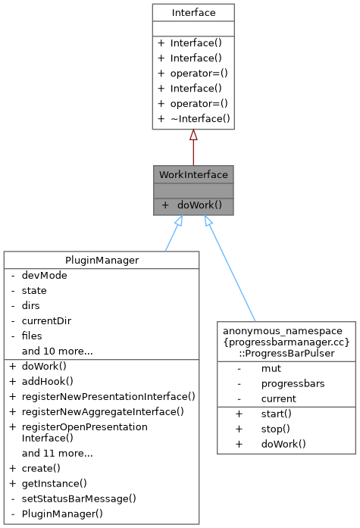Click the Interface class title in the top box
193,12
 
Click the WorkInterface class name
193,174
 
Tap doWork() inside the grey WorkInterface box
199,205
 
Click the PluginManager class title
102,261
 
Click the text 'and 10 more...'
57,351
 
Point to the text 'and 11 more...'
57,453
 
